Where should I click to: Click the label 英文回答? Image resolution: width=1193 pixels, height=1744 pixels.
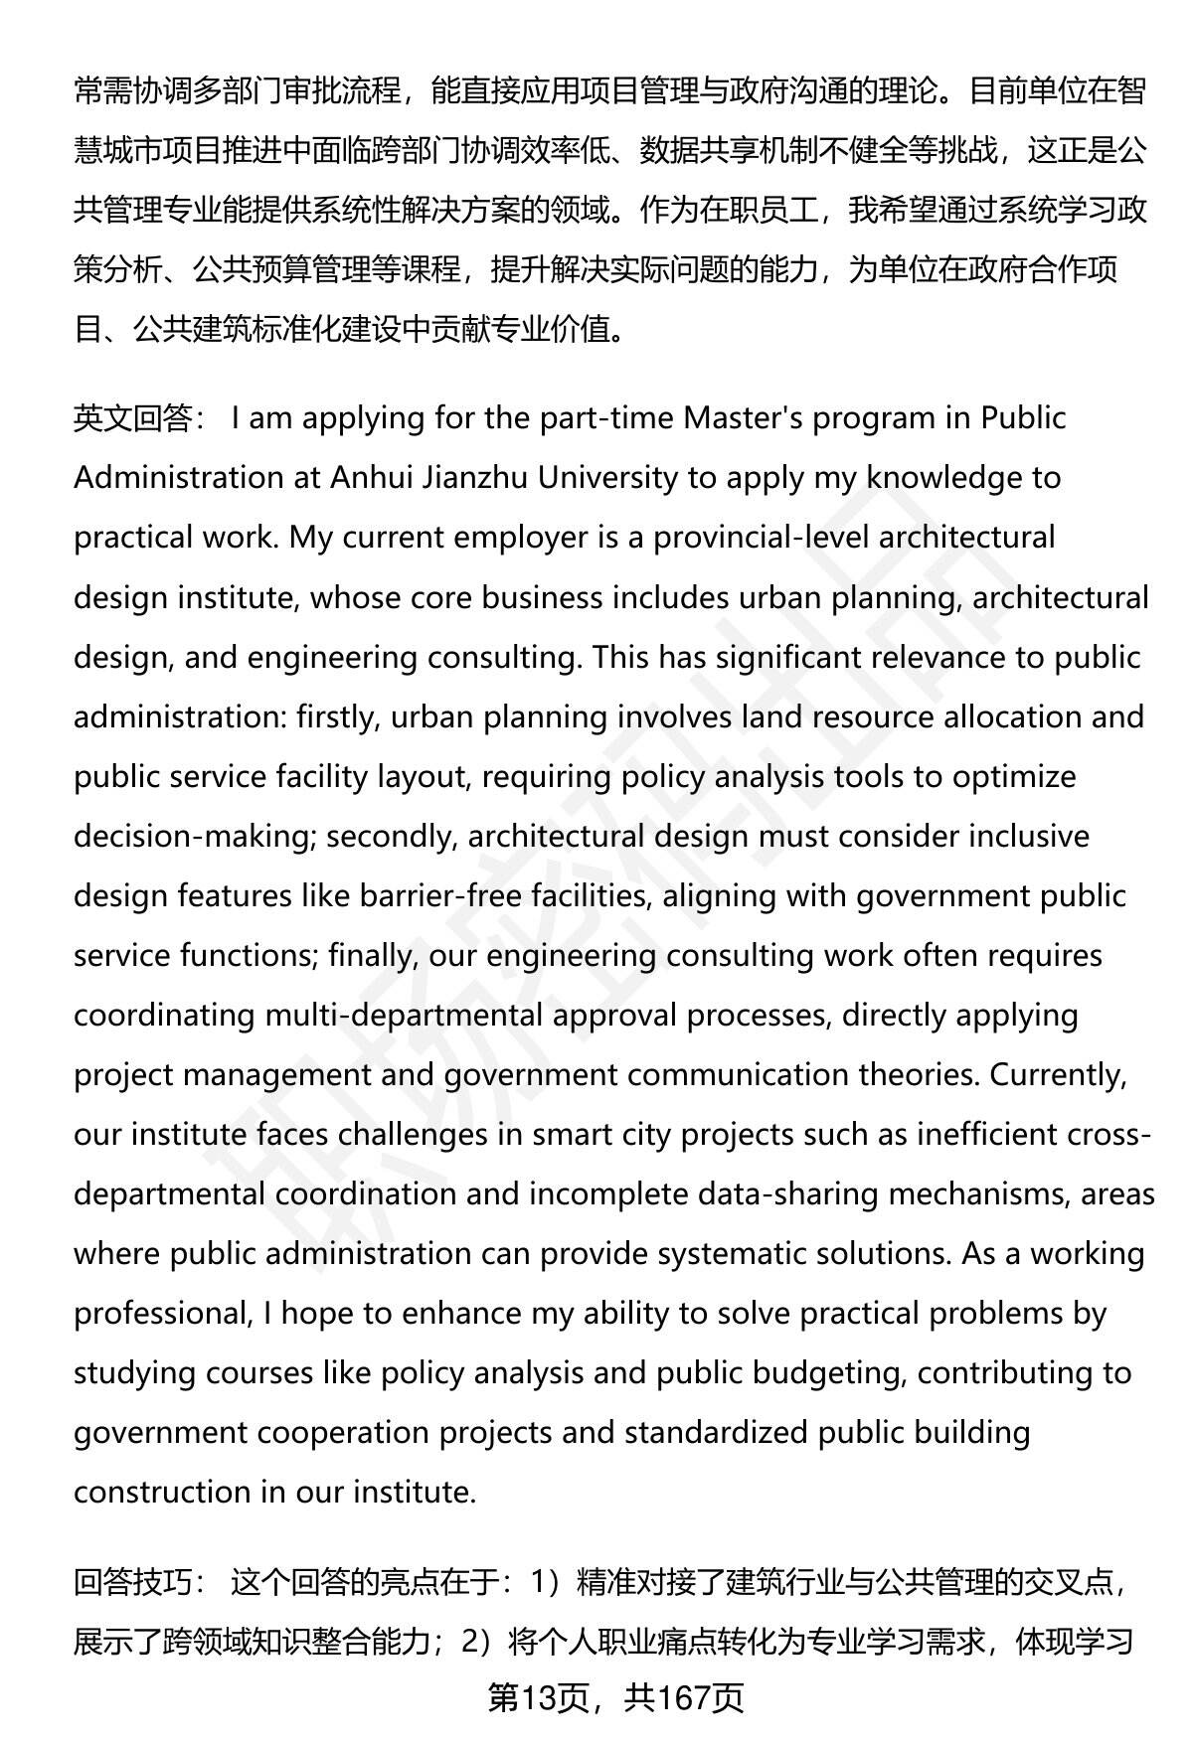(133, 418)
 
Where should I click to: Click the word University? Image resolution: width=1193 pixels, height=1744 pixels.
(607, 478)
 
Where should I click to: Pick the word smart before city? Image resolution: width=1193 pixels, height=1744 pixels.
(576, 1134)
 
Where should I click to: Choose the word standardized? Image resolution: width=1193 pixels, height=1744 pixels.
(716, 1432)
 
